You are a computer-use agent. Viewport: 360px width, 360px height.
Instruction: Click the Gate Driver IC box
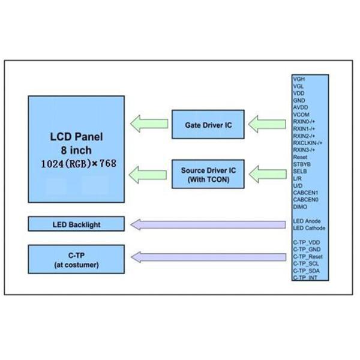[x=205, y=125]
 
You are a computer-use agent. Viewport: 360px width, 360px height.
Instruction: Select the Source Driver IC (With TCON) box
[x=205, y=175]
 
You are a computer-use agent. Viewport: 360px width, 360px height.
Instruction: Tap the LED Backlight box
[x=76, y=224]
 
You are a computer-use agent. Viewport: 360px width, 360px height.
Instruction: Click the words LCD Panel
[x=76, y=137]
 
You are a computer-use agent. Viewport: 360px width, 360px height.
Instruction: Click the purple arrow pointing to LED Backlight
[x=208, y=224]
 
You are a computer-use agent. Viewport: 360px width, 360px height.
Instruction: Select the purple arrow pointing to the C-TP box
[x=208, y=258]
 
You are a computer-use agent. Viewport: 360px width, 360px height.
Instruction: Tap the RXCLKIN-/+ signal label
[x=308, y=143]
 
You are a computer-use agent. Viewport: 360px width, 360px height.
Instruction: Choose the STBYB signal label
[x=301, y=164]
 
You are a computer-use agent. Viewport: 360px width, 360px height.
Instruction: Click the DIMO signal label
[x=300, y=206]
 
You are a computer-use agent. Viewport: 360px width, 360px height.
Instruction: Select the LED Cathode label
[x=309, y=228]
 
